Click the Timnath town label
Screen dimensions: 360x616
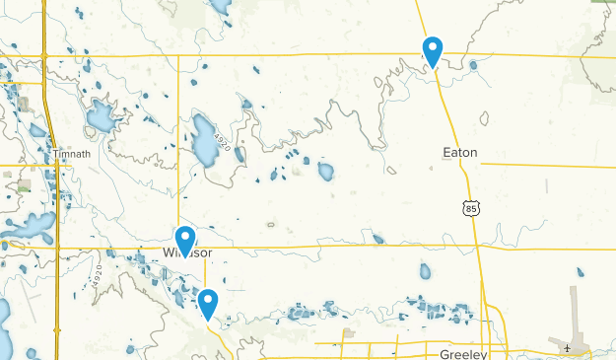point(72,155)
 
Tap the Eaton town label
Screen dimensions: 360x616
point(459,153)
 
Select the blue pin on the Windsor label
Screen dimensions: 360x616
point(184,241)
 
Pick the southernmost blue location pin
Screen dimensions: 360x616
point(207,303)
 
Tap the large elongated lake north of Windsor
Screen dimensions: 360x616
point(204,141)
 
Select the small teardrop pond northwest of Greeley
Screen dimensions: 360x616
point(425,270)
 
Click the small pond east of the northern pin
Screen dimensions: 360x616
point(473,66)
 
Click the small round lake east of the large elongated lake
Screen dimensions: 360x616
point(325,172)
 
